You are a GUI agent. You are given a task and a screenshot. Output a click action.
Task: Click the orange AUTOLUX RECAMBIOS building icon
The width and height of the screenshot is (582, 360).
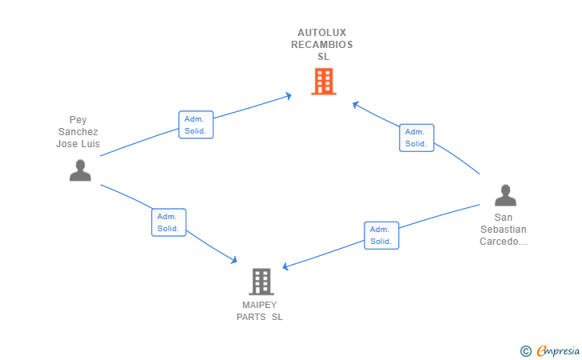point(324,82)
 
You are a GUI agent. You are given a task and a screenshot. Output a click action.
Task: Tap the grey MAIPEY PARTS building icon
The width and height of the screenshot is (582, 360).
point(261,282)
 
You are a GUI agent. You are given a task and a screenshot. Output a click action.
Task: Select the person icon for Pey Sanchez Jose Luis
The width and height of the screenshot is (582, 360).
point(80,170)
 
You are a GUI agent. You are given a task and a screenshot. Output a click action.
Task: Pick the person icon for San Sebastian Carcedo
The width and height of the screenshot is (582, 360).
point(505,195)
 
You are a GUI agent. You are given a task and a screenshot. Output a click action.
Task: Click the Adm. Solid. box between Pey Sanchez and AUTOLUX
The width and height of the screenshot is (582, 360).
point(196,125)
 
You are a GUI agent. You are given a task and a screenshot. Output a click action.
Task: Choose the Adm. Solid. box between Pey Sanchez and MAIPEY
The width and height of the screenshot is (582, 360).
point(169,222)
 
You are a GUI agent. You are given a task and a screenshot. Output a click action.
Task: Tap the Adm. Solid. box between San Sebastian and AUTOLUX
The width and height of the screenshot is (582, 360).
point(417,138)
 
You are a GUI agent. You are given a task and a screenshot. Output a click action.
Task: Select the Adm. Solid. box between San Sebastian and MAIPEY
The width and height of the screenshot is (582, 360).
point(381,235)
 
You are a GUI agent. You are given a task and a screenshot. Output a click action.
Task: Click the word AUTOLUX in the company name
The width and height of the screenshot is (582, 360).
point(322,33)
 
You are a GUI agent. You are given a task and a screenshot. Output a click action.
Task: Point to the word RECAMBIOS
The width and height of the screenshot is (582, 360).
point(322,45)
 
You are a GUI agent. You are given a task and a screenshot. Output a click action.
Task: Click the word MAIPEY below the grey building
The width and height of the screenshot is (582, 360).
point(260,305)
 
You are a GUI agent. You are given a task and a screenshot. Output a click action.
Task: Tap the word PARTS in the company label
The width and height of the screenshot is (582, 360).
point(251,317)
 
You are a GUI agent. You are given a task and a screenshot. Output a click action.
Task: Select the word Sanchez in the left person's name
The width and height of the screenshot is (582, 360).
point(78,132)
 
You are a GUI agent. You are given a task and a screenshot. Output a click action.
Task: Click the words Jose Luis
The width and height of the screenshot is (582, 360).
point(78,144)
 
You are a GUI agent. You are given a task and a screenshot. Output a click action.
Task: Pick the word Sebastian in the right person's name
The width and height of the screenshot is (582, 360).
point(504,230)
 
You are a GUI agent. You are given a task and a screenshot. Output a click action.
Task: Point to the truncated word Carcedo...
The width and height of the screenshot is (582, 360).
point(504,242)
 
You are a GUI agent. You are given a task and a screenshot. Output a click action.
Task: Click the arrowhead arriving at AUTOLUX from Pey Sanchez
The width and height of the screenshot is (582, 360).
point(289,96)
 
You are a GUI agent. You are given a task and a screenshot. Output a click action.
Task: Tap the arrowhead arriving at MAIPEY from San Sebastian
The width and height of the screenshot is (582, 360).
point(285,266)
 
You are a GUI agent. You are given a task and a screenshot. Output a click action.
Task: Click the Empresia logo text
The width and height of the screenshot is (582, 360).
point(558,350)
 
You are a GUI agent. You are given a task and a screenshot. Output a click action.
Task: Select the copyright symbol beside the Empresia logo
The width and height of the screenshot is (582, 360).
point(526,351)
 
